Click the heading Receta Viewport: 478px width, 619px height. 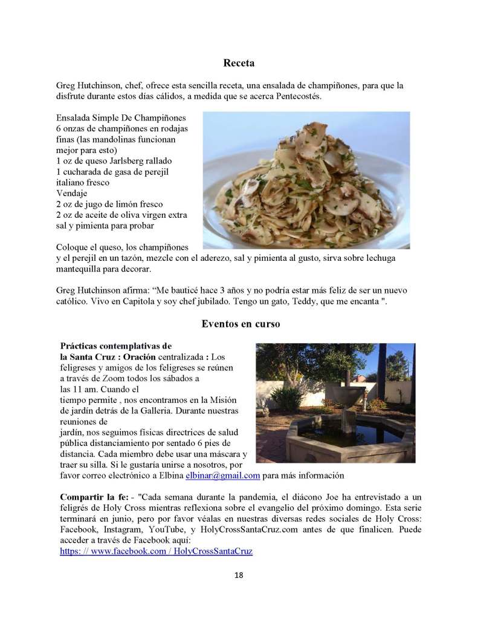(x=239, y=63)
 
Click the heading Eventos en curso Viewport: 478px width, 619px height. (x=240, y=324)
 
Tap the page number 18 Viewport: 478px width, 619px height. (x=239, y=575)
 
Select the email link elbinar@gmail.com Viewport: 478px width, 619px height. (x=222, y=476)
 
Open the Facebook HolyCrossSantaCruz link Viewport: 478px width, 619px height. (x=156, y=551)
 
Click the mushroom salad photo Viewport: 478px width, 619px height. (x=306, y=180)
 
